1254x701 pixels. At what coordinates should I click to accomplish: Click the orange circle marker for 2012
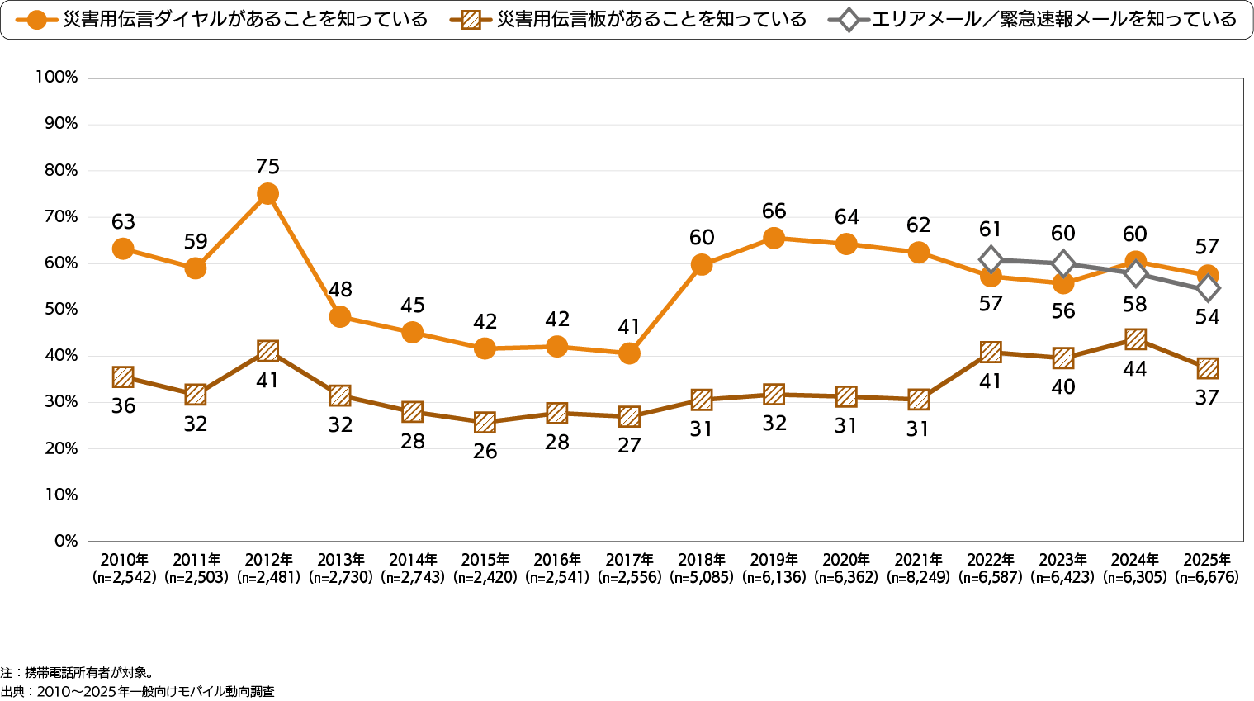[267, 194]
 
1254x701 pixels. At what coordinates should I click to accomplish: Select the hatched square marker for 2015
[485, 423]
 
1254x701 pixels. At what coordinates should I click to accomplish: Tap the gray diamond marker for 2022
[991, 259]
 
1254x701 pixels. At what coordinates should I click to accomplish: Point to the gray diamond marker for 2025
[1208, 289]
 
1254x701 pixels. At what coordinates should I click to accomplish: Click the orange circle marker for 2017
[629, 353]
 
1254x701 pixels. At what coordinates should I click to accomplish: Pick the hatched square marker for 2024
[1135, 339]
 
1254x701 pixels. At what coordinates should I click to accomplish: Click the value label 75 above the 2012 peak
[267, 167]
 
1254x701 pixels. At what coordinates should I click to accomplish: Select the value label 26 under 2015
[485, 452]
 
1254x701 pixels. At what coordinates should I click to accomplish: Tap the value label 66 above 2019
[774, 211]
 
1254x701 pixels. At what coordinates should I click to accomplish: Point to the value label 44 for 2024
[1135, 369]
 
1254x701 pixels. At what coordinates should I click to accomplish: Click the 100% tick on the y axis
[56, 78]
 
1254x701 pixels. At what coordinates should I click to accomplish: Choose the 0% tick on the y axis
[65, 541]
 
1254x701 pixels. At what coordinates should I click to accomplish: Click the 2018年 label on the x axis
[702, 560]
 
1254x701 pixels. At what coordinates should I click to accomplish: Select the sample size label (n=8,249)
[918, 578]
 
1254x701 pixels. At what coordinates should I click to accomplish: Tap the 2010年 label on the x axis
[123, 560]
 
